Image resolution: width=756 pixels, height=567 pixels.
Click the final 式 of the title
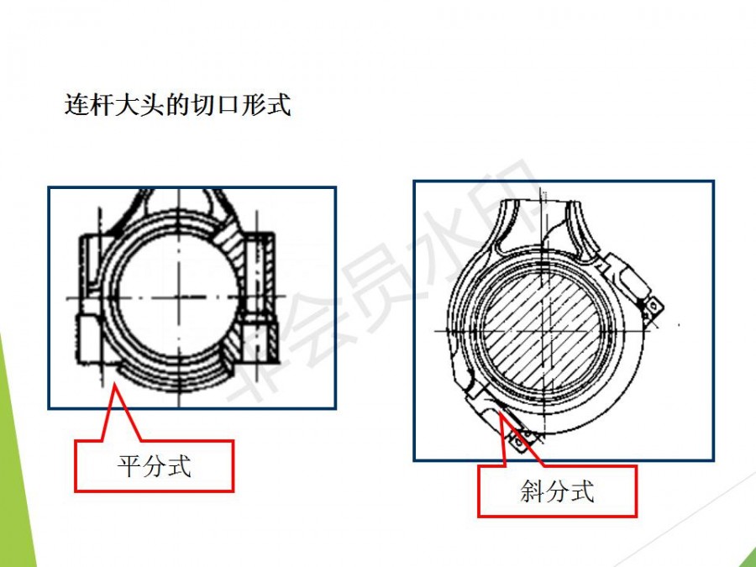(x=279, y=105)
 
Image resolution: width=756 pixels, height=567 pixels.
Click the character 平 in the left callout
(x=129, y=465)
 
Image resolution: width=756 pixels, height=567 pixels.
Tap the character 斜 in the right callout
(x=533, y=491)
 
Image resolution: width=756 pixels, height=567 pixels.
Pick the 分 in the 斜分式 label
(x=558, y=491)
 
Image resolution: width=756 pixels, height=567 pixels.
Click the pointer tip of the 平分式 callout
(x=114, y=383)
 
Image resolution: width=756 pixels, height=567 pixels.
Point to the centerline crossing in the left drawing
(x=179, y=297)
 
